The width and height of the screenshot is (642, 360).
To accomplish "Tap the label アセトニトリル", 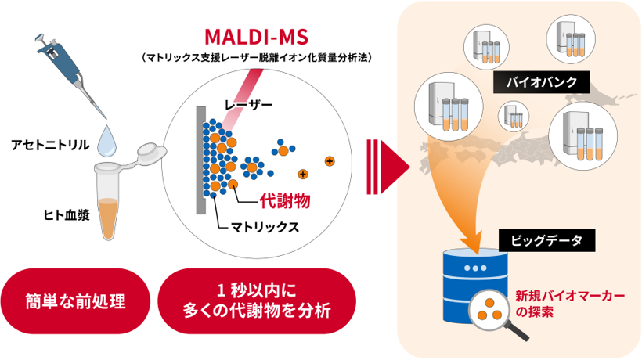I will point(50,144).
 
